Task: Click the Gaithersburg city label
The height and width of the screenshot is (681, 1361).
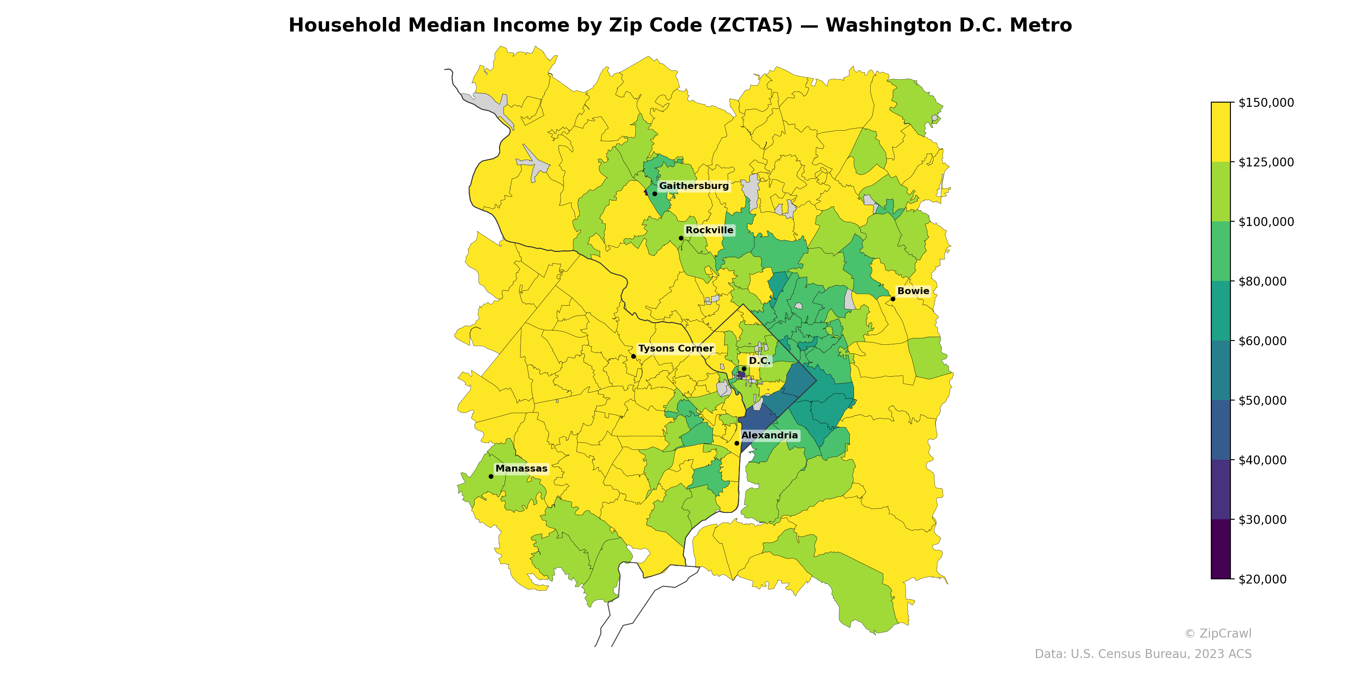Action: (x=693, y=186)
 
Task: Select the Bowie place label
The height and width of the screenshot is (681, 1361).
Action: (x=913, y=291)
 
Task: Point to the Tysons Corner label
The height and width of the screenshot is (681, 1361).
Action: (x=675, y=349)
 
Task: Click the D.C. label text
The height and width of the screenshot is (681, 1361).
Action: (x=759, y=361)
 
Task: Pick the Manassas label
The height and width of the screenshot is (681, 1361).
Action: (x=521, y=469)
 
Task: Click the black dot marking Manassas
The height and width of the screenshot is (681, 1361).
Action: (x=491, y=476)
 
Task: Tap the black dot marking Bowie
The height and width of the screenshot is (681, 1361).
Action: (x=893, y=299)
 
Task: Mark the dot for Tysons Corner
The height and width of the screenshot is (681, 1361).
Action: (x=633, y=356)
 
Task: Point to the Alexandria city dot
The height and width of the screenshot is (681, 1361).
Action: (x=737, y=443)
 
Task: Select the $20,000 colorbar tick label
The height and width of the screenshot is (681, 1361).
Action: (x=1262, y=579)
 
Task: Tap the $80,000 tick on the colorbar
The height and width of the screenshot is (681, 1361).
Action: (x=1262, y=281)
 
